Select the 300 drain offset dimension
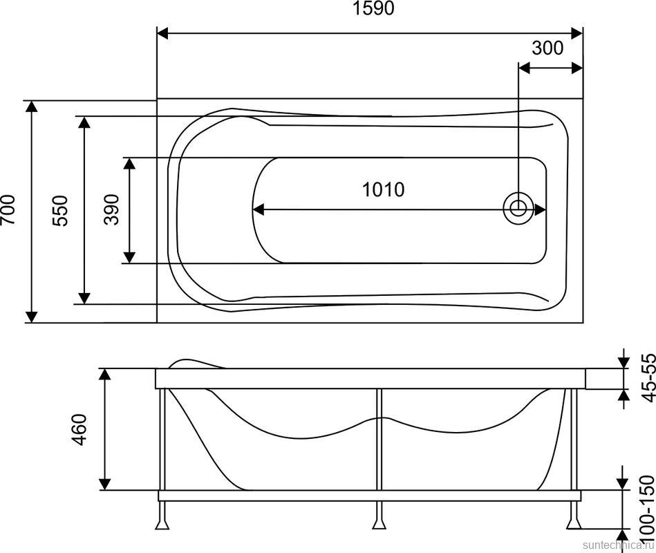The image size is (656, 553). (547, 48)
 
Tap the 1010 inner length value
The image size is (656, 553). (383, 189)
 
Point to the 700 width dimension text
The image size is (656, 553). (9, 210)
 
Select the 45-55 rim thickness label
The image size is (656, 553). (647, 378)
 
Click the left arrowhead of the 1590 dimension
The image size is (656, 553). (163, 33)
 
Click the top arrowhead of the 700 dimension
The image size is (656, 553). (30, 106)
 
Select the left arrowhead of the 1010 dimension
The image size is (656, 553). (258, 209)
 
